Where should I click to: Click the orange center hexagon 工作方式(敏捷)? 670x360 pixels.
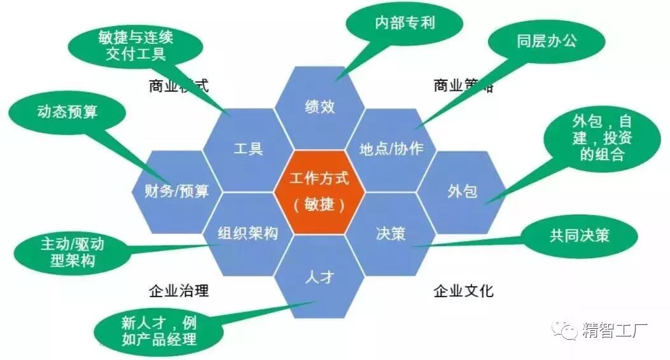click(x=319, y=191)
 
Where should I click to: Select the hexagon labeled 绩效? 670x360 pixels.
click(x=319, y=106)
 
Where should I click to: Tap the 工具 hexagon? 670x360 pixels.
click(x=248, y=149)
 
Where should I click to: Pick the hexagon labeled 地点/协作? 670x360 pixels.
click(x=391, y=149)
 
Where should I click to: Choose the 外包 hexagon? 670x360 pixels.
click(x=463, y=191)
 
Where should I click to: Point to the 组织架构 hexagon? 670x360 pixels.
click(x=248, y=233)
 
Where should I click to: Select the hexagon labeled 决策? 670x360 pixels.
click(x=391, y=233)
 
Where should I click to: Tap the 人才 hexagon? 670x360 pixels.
click(x=319, y=276)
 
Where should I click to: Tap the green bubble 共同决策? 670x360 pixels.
click(x=579, y=235)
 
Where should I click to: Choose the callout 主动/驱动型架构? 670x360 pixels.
click(x=72, y=251)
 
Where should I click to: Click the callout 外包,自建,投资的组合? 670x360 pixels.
click(x=601, y=139)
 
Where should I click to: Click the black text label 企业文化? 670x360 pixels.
click(x=463, y=291)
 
